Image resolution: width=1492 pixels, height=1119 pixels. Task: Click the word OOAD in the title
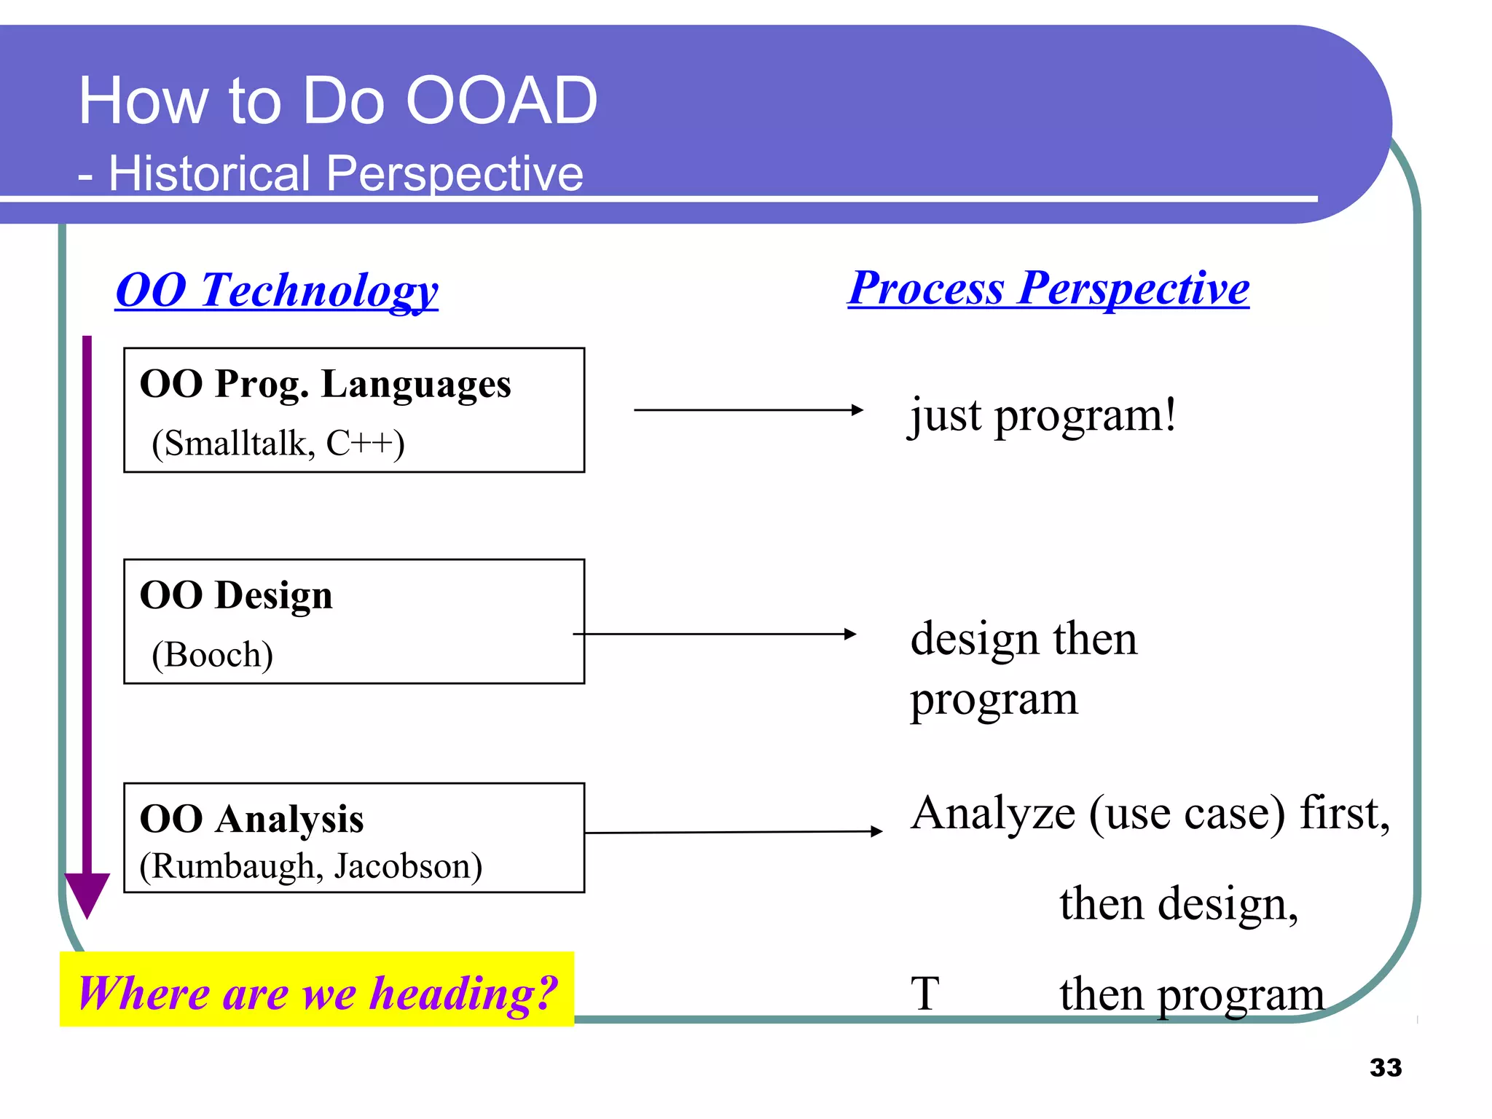pyautogui.click(x=501, y=101)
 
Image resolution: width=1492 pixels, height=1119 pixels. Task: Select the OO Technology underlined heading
pyautogui.click(x=277, y=290)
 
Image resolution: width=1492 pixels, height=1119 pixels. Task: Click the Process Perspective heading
pyautogui.click(x=1048, y=288)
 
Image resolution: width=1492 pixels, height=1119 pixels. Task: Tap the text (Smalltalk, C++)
pyautogui.click(x=278, y=443)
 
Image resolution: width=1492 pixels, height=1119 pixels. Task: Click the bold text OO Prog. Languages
pyautogui.click(x=325, y=384)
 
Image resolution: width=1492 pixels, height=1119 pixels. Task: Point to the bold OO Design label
pyautogui.click(x=236, y=595)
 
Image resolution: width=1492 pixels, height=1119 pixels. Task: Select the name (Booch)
pyautogui.click(x=212, y=654)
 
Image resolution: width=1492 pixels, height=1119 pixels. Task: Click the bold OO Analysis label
pyautogui.click(x=251, y=819)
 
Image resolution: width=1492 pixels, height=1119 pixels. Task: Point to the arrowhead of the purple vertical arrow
pyautogui.click(x=87, y=892)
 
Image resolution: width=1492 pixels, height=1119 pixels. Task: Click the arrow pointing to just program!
pyautogui.click(x=748, y=410)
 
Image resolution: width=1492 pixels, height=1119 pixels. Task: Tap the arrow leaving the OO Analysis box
pyautogui.click(x=732, y=832)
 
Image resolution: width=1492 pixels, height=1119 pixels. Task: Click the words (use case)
pyautogui.click(x=1187, y=813)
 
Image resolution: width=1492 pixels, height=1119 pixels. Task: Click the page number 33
pyautogui.click(x=1385, y=1067)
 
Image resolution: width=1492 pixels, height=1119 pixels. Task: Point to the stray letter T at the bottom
pyautogui.click(x=925, y=994)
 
